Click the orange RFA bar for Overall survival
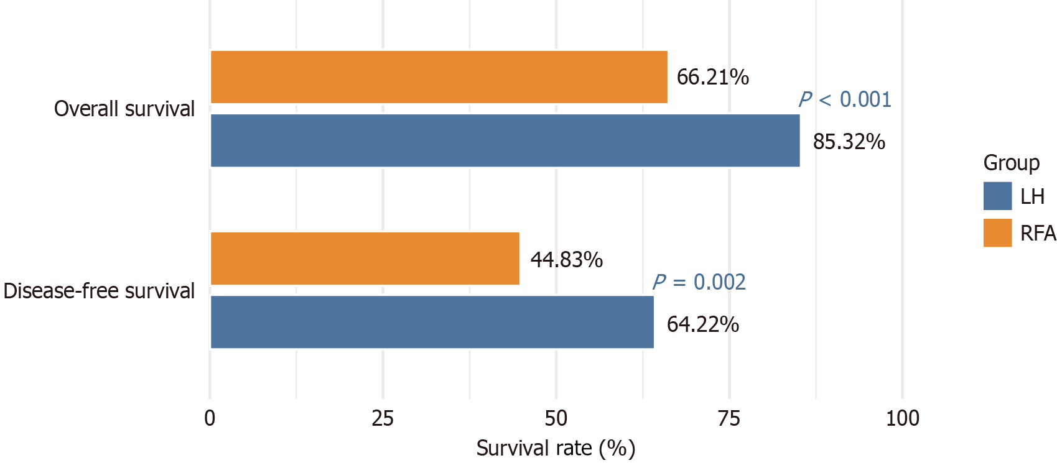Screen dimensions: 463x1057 (439, 77)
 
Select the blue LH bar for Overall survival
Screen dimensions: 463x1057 (505, 140)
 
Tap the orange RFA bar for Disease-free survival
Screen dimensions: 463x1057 (365, 259)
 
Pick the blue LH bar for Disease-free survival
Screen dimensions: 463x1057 (432, 322)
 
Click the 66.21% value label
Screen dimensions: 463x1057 (712, 77)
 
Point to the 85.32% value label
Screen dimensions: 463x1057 (849, 142)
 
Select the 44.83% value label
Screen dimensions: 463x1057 (566, 259)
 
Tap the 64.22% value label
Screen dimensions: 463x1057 (702, 324)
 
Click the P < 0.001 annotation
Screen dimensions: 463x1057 (845, 99)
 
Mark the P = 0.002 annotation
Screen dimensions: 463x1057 (699, 282)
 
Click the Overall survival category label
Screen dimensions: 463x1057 (124, 109)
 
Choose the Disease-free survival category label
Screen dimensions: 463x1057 (99, 291)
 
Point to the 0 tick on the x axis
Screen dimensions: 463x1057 (210, 418)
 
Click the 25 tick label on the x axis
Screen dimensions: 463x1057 (383, 418)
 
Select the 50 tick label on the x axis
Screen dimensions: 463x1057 (556, 418)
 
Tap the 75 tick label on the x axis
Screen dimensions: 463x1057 (729, 418)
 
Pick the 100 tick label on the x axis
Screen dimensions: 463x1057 (902, 418)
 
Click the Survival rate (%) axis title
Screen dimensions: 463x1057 (556, 448)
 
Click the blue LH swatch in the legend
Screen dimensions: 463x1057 (997, 196)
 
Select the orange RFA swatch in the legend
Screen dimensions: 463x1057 (997, 233)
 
